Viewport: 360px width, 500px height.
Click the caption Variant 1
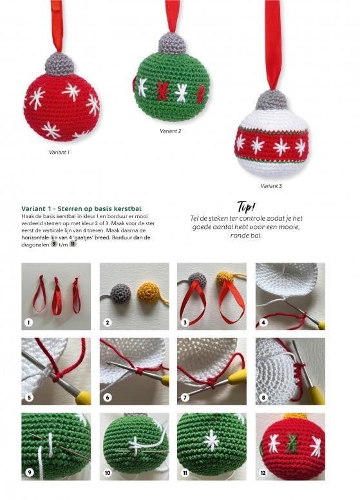[59, 153]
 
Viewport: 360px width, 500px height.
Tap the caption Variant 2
[171, 131]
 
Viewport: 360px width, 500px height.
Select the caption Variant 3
[271, 185]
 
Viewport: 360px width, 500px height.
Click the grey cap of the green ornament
[173, 42]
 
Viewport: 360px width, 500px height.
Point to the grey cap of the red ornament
[60, 64]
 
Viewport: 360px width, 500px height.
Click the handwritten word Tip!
[246, 207]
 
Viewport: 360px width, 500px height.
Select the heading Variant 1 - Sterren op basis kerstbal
[81, 208]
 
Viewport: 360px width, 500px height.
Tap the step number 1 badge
[29, 322]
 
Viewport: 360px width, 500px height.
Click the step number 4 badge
[263, 322]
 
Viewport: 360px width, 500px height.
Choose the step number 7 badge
[185, 397]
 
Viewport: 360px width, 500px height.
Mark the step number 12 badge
[263, 472]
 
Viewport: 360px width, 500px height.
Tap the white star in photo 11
[212, 440]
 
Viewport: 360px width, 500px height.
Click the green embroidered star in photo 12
[291, 442]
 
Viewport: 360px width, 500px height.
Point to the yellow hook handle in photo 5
[82, 397]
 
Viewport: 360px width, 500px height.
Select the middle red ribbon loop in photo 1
[57, 296]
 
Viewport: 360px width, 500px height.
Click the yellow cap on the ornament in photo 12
[295, 416]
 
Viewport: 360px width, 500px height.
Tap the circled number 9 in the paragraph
[54, 245]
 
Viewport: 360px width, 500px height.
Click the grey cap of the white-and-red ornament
[272, 100]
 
